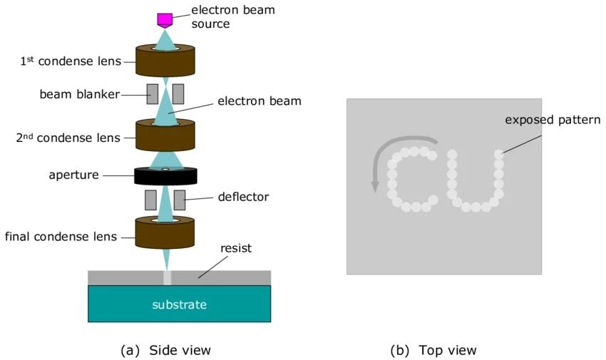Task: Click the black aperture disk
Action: coord(165,175)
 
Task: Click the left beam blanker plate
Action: coord(152,93)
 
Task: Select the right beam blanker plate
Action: coord(178,93)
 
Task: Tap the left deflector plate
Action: coord(150,200)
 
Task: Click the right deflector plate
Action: coord(179,200)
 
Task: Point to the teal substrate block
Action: coord(179,304)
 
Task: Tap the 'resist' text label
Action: coord(236,248)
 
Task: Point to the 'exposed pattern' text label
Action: coord(553,119)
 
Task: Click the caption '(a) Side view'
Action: coord(165,350)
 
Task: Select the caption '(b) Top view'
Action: coord(433,350)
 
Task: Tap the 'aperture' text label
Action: coord(73,175)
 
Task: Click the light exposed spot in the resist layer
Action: coord(168,277)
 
